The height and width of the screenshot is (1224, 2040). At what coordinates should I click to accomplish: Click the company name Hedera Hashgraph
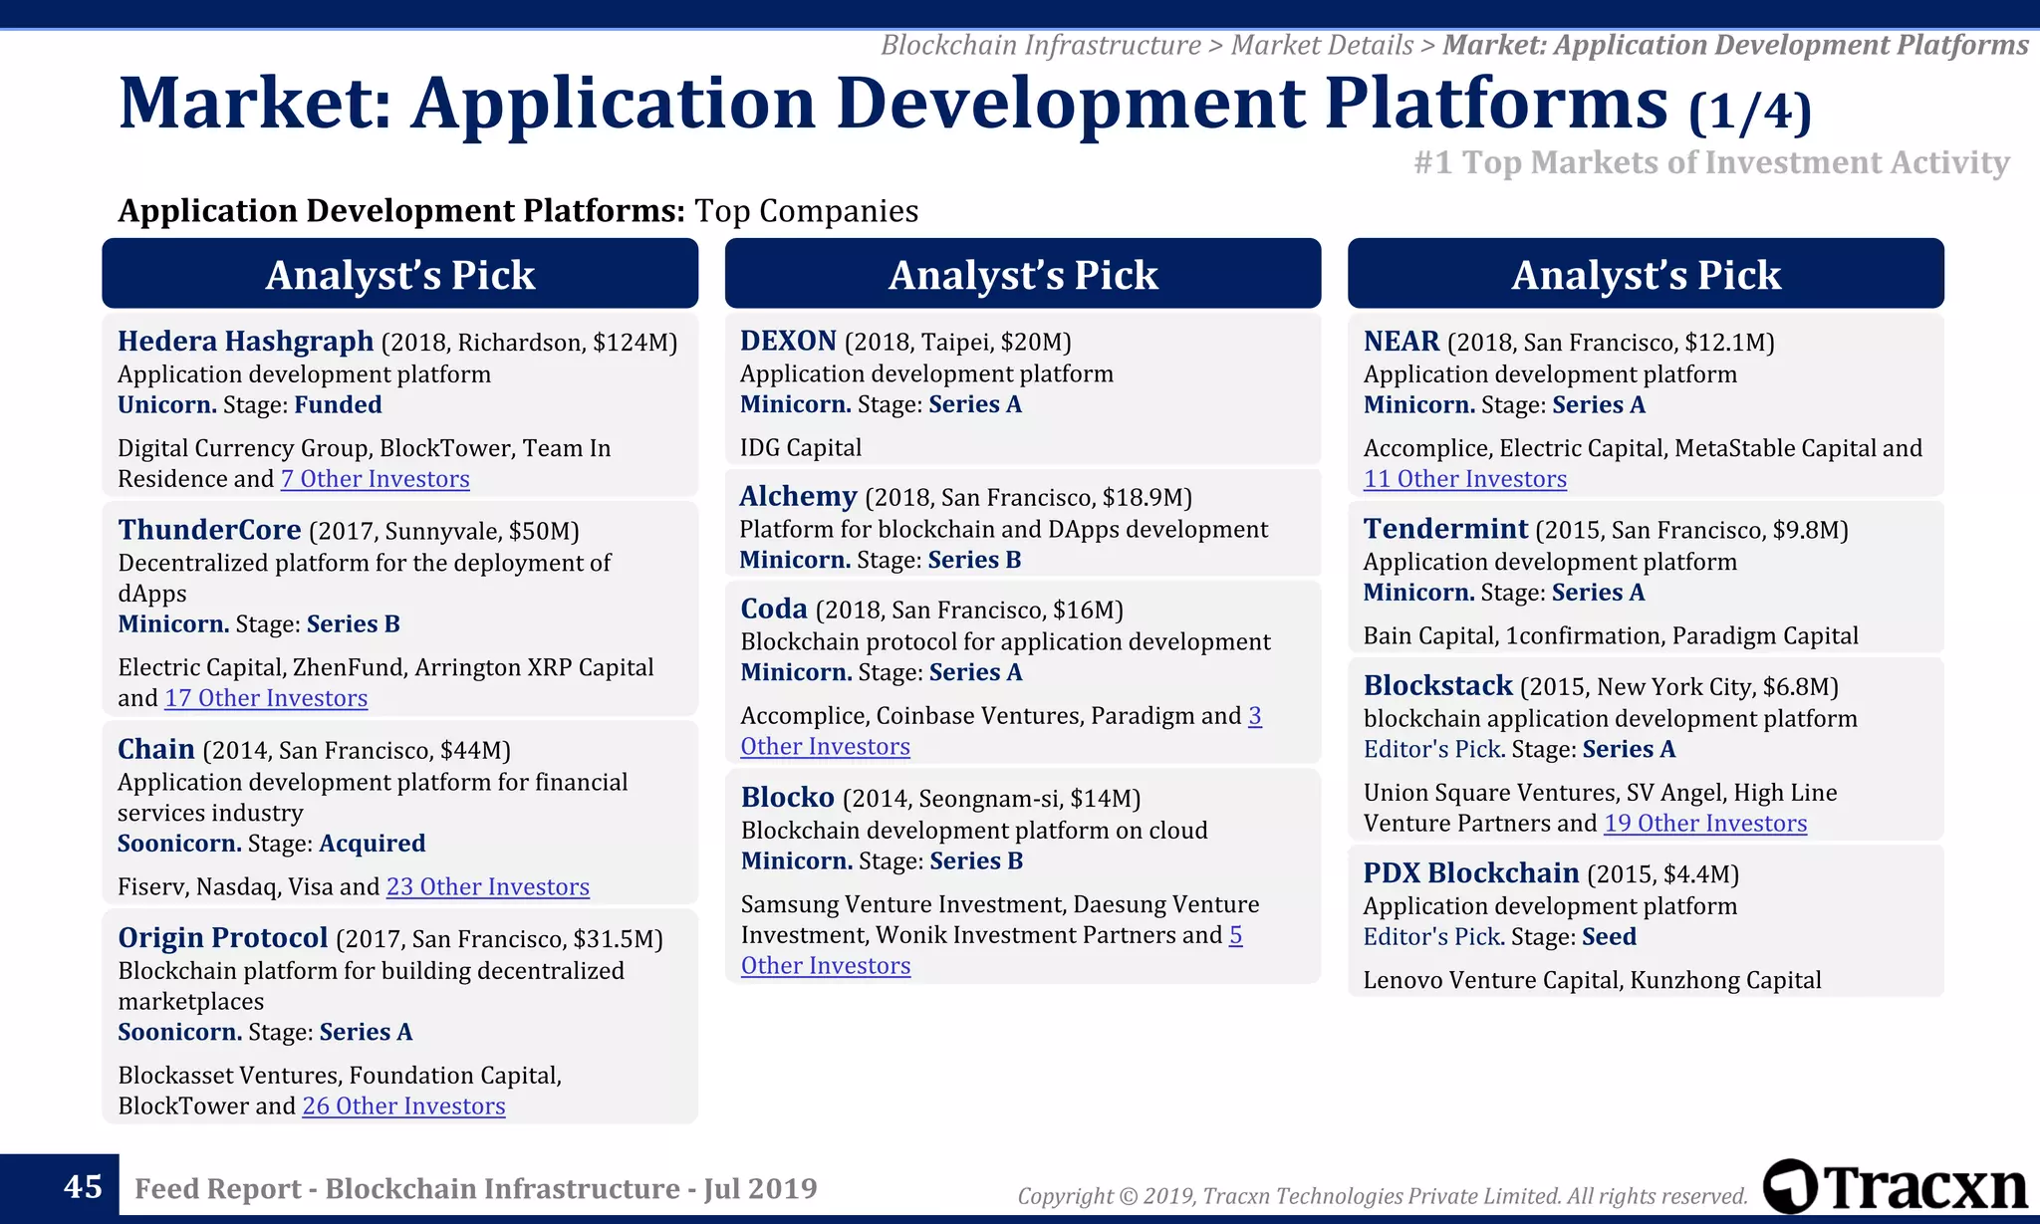245,342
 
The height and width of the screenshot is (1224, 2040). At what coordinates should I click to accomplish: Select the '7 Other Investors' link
375,479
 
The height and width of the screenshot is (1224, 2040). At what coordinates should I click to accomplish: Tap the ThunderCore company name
209,530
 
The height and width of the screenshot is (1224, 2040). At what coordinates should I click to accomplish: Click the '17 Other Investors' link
266,698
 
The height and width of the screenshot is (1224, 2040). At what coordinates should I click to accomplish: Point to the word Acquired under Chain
372,844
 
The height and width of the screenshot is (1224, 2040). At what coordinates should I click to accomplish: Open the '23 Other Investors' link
487,886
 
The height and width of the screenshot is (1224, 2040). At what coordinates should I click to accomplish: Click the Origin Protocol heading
222,938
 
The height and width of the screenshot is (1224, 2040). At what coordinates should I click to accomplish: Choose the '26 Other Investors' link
403,1105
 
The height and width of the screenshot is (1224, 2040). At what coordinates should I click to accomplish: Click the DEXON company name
788,342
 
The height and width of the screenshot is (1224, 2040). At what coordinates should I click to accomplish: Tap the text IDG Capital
800,448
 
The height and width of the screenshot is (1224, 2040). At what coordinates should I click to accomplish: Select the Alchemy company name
798,496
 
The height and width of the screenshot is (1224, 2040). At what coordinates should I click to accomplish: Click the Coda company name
774,609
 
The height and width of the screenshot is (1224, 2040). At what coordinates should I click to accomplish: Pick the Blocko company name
787,798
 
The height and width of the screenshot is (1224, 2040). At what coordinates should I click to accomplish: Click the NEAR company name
1401,342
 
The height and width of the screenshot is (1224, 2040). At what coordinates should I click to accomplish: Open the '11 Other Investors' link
1464,479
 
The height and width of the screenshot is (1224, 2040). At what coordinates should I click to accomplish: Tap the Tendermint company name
1444,529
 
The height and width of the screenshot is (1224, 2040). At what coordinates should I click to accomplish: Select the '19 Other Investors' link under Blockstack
1704,824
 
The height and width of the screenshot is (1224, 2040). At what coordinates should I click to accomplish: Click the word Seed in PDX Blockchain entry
1608,937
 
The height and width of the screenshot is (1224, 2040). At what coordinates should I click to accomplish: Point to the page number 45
83,1186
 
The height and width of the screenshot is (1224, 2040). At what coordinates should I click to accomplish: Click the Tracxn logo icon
1789,1187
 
